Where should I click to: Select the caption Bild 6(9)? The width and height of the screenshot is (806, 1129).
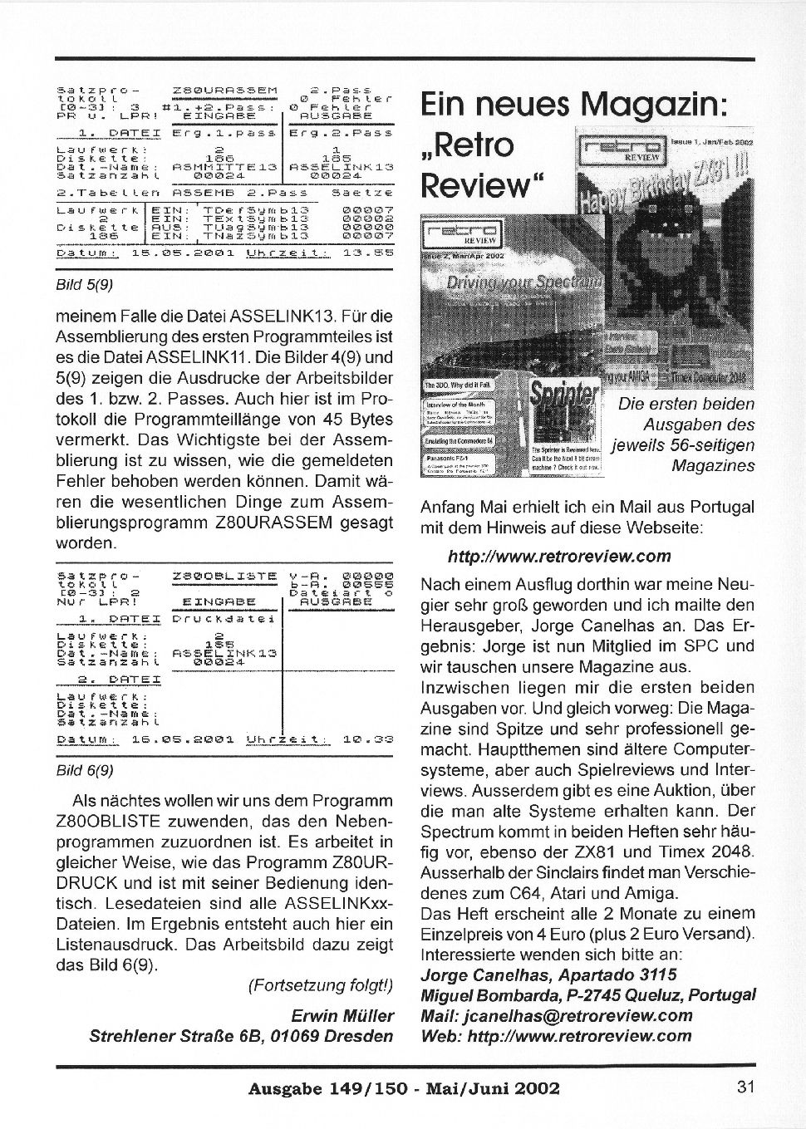tap(84, 769)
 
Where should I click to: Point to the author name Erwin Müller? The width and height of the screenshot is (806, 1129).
tap(342, 1016)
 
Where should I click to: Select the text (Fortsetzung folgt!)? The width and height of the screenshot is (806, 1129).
tap(320, 986)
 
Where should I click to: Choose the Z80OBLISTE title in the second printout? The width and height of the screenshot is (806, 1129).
tap(225, 574)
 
